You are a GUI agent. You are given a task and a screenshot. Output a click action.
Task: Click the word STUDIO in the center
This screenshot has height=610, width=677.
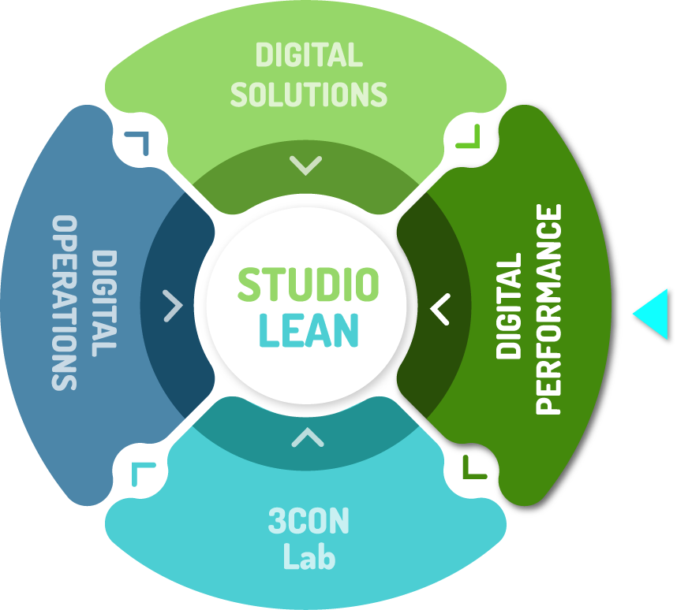(x=308, y=285)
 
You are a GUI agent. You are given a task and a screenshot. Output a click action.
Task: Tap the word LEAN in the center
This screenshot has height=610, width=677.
(x=308, y=331)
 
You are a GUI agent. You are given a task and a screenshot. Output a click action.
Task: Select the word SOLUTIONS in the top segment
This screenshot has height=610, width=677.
(x=309, y=94)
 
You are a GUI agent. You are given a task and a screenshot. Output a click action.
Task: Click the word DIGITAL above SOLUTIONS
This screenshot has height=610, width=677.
(x=309, y=56)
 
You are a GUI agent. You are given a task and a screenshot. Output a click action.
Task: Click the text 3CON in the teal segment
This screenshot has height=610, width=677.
(x=309, y=522)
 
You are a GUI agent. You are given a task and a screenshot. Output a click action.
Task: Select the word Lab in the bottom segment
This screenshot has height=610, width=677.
(x=309, y=557)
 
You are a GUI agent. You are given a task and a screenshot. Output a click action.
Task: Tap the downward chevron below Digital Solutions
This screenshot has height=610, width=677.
(x=305, y=166)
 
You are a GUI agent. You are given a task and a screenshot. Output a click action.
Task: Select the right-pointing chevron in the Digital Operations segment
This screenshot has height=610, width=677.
(x=173, y=306)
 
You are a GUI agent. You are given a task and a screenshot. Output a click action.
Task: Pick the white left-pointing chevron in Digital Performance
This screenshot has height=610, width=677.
(x=439, y=309)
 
